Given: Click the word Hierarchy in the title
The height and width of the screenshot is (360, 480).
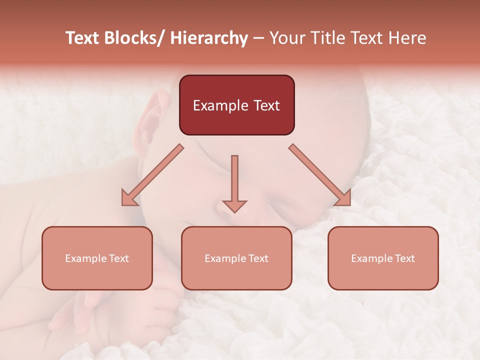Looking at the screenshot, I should (x=209, y=38).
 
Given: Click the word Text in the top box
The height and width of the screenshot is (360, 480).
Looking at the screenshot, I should (x=266, y=105).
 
